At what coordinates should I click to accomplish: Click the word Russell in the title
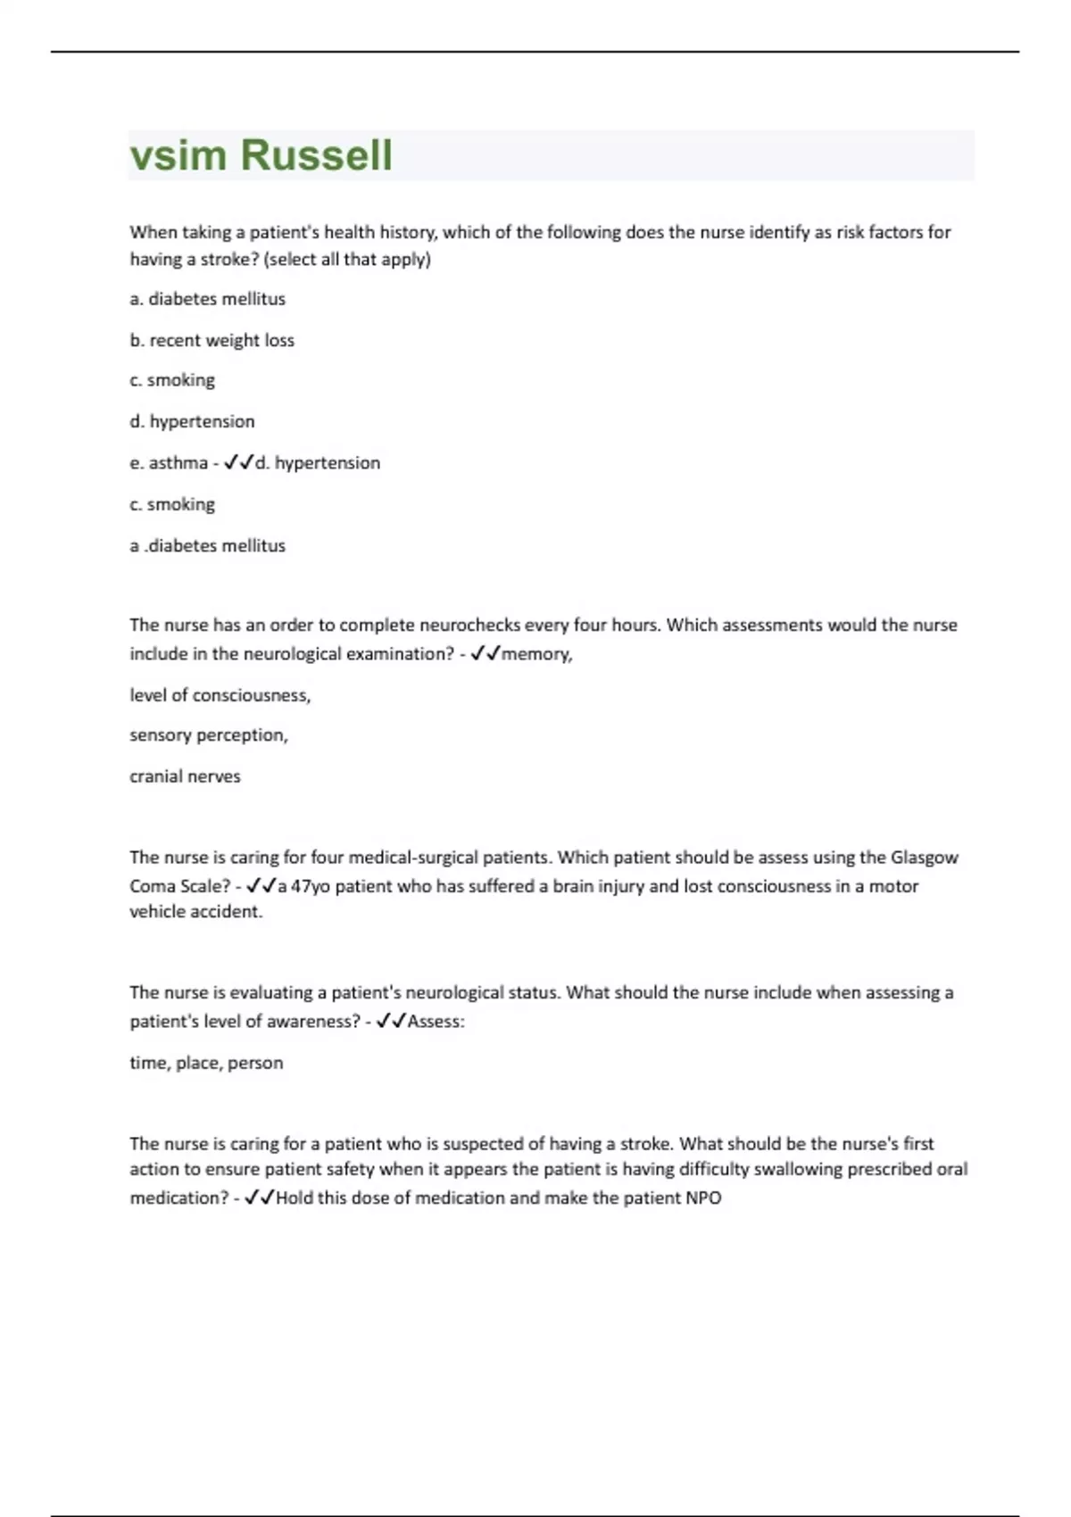pos(316,155)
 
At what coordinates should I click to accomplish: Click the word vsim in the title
pos(178,155)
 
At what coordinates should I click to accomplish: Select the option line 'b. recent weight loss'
pos(212,340)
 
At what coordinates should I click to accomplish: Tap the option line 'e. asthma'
pos(169,463)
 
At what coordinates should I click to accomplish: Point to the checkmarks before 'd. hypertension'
pos(238,462)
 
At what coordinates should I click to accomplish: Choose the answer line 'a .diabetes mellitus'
pos(207,545)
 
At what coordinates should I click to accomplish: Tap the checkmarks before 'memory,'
pos(485,653)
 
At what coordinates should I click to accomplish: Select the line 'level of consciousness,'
pos(220,695)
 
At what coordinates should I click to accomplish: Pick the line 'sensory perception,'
pos(208,735)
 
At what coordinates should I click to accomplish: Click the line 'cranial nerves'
pos(185,776)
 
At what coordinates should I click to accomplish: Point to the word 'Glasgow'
pos(924,858)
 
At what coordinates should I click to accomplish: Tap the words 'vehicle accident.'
pos(195,912)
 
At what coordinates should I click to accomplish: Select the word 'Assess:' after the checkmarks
pos(436,1022)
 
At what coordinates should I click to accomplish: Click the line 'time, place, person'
pos(206,1063)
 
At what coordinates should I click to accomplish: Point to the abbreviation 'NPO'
pos(703,1198)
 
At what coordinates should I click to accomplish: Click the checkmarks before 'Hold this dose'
pos(259,1198)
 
